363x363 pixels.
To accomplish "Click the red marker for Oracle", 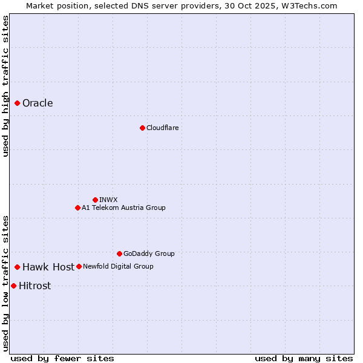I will point(18,103).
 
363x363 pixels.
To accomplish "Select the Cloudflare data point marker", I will point(142,128).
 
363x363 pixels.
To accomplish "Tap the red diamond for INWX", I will point(95,200).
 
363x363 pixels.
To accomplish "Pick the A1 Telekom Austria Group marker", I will point(77,208).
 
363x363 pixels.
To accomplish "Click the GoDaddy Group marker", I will point(119,253).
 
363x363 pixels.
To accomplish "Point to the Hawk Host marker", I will point(18,267).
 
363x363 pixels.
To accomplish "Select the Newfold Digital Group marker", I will point(79,266).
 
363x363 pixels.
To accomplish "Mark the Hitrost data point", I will point(13,286).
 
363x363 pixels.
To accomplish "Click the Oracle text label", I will point(38,103).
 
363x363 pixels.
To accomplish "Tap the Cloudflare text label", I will point(162,128).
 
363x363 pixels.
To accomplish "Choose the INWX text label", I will point(108,200).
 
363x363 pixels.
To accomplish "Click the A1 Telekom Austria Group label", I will point(123,208).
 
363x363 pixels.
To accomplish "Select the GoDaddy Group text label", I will point(149,253).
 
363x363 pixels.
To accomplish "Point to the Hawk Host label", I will point(48,267).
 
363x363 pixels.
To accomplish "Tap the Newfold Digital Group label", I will point(118,266).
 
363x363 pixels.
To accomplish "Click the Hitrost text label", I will point(34,286).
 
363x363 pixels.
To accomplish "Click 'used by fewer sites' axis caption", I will point(62,358).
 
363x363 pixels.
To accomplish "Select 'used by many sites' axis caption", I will point(304,358).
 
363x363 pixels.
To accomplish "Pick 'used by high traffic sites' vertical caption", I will point(6,86).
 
